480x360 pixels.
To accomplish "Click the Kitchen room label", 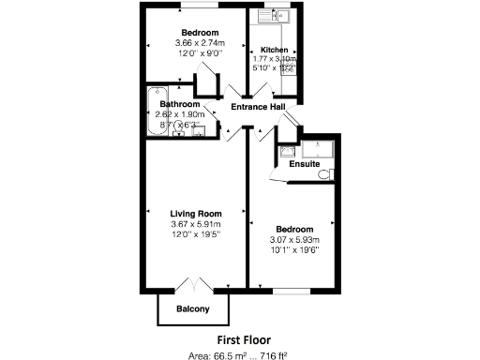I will [274, 50].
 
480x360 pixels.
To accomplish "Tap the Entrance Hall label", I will [259, 107].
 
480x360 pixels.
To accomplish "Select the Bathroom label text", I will [178, 103].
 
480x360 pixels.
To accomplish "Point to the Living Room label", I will [195, 214].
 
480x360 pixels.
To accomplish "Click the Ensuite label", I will [303, 164].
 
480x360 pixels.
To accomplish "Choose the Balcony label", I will [192, 309].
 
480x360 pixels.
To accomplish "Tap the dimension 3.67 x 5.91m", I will [195, 224].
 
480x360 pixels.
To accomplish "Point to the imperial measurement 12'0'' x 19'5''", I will [195, 234].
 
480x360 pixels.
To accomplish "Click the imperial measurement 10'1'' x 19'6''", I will [294, 250].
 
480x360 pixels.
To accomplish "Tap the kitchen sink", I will [278, 16].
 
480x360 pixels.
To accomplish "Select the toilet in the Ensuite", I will [323, 173].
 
